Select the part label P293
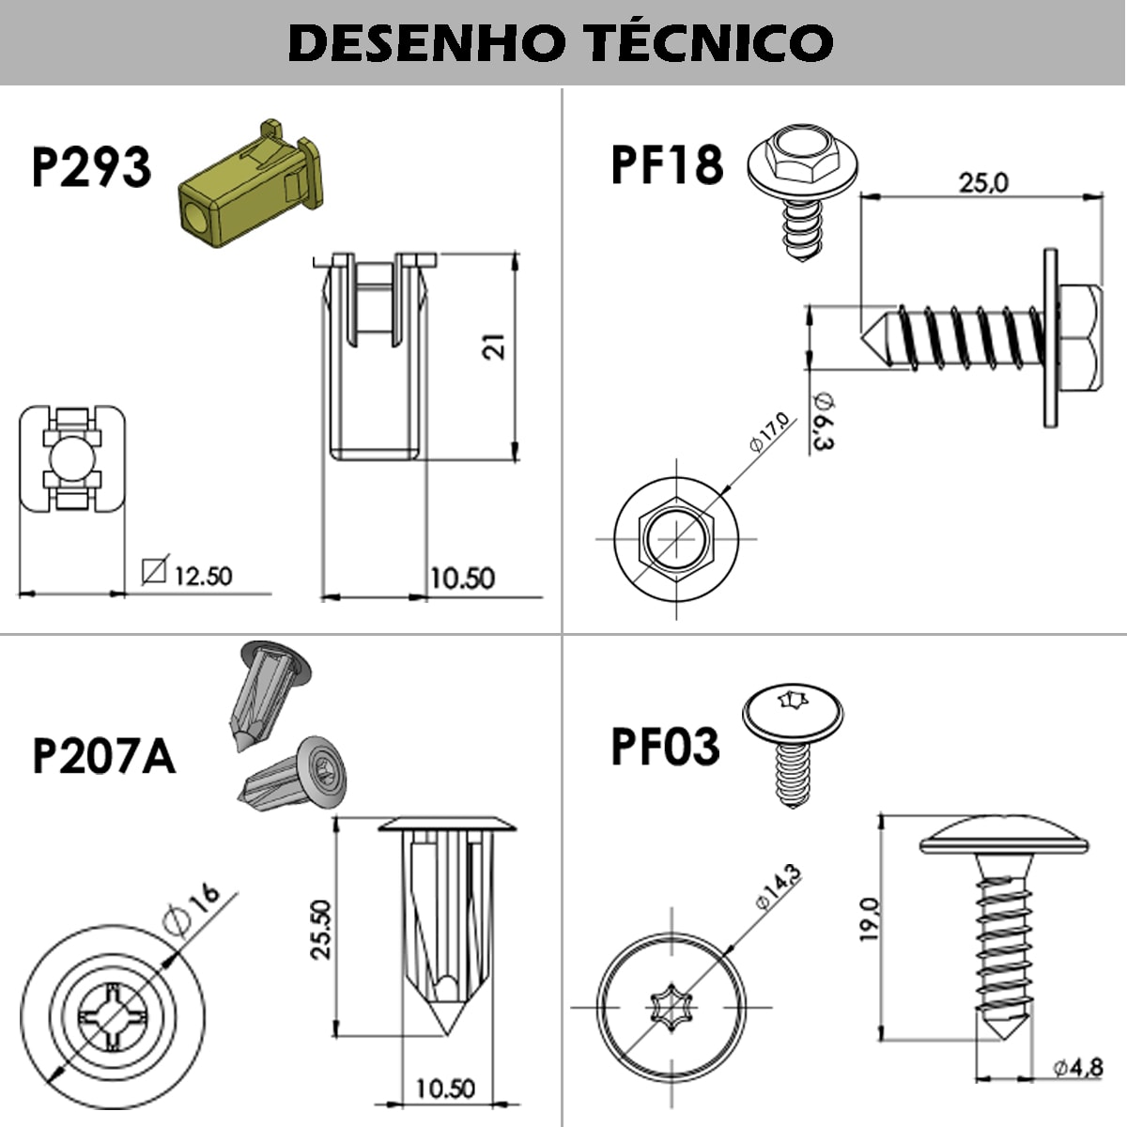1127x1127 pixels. [91, 167]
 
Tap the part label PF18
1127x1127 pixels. [667, 163]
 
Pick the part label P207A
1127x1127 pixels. [103, 756]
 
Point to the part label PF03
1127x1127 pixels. [665, 747]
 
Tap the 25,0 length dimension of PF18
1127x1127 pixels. [982, 182]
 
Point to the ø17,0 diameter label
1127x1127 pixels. [771, 434]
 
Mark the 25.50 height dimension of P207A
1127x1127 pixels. [321, 929]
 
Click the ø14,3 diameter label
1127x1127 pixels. [779, 888]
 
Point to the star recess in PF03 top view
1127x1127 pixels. [672, 1009]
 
